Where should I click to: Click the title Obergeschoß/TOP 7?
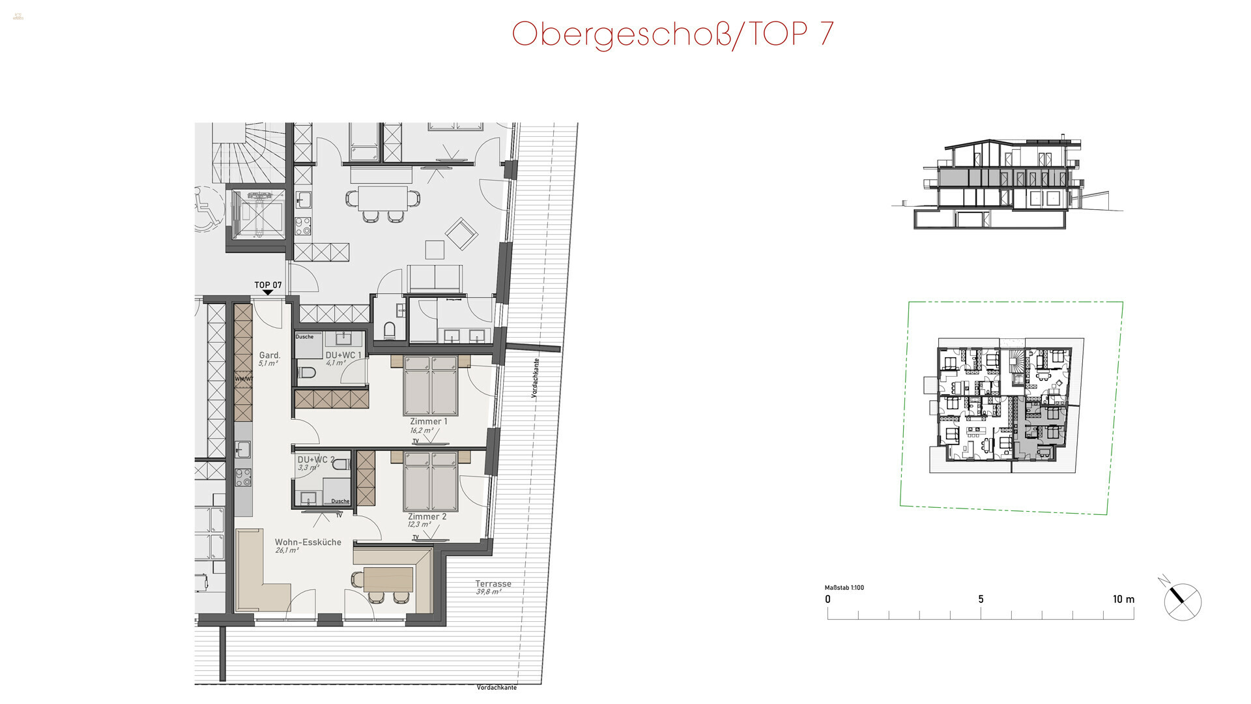[x=672, y=34]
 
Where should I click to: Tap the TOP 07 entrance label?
[x=268, y=285]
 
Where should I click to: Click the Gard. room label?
[x=270, y=355]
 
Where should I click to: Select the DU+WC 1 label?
[x=343, y=355]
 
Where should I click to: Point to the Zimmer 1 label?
[x=428, y=422]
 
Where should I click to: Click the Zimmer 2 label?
[x=427, y=516]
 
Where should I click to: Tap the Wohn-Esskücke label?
[x=308, y=542]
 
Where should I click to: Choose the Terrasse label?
[x=493, y=584]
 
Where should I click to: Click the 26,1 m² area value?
[x=287, y=551]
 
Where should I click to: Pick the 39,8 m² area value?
[x=488, y=592]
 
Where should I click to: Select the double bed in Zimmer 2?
[x=430, y=481]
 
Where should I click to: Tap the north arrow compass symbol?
[x=1181, y=600]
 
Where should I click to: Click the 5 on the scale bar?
[x=981, y=599]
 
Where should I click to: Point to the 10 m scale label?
[x=1123, y=599]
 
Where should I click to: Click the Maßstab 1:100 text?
[x=844, y=587]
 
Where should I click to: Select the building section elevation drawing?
[x=1007, y=184]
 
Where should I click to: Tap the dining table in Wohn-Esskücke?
[x=388, y=578]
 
